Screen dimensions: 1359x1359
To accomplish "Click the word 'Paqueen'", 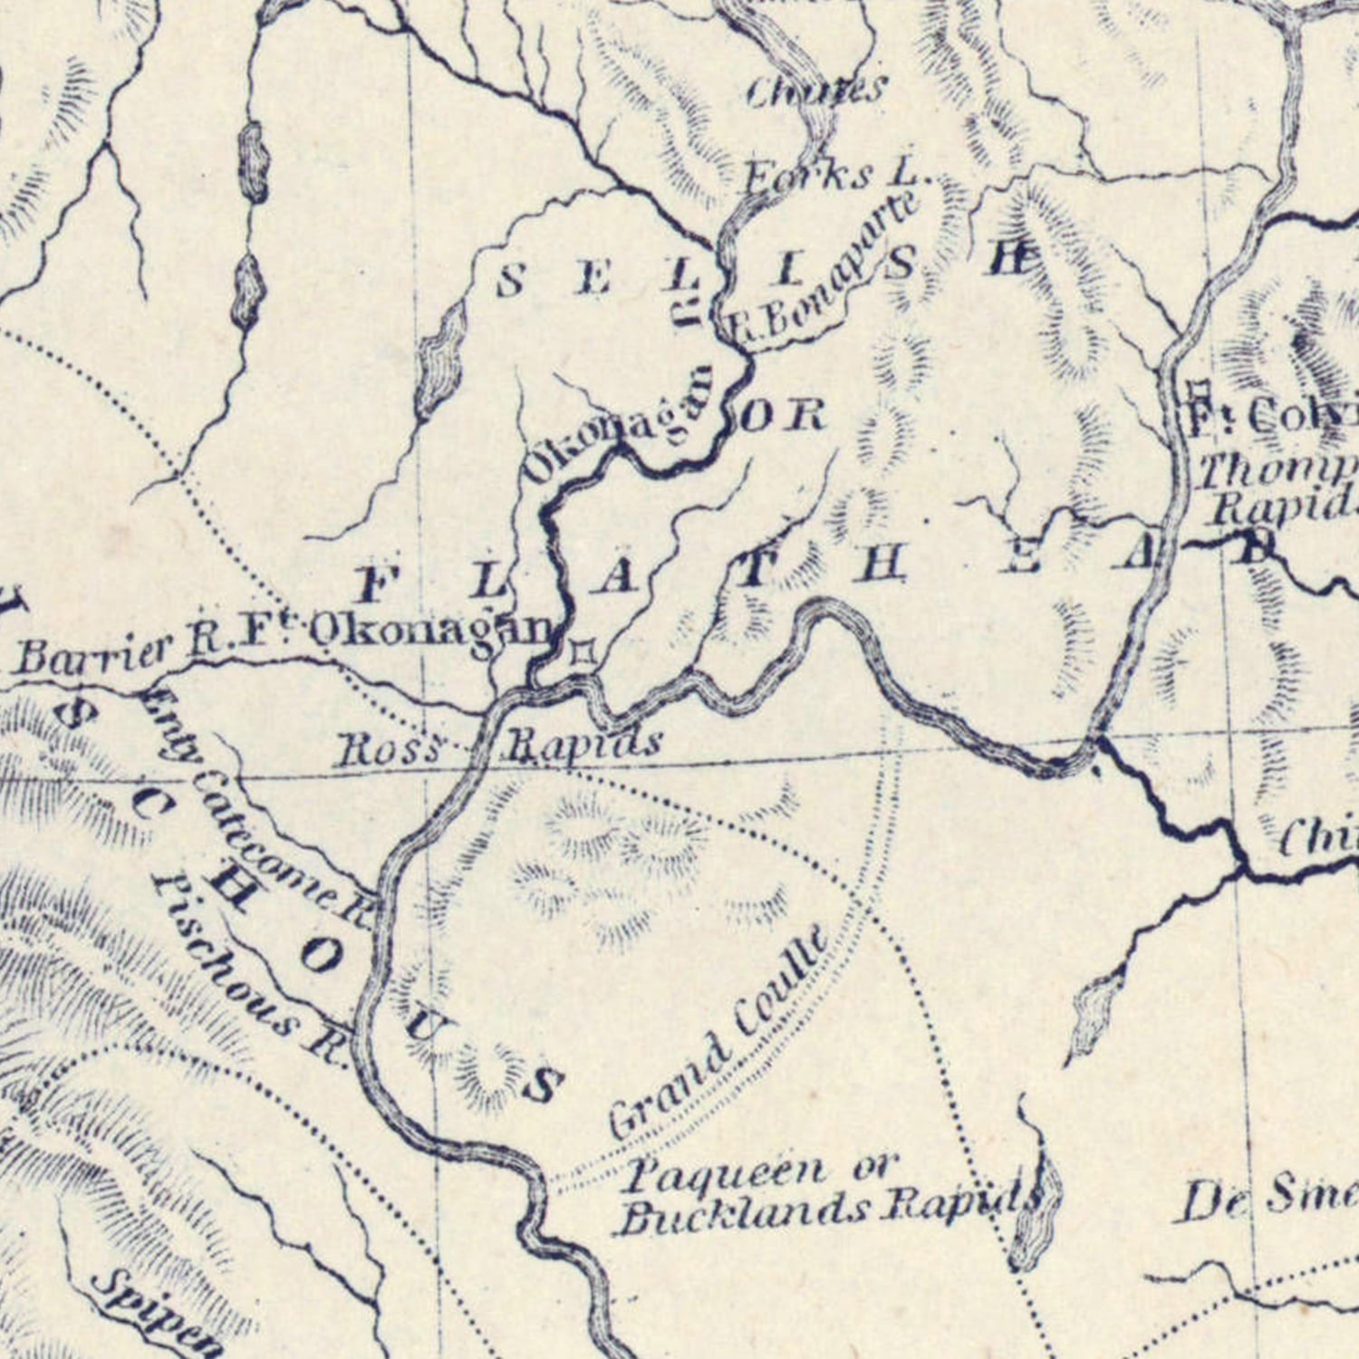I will point(725,1174).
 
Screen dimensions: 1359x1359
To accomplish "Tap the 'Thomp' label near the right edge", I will point(1277,471).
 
